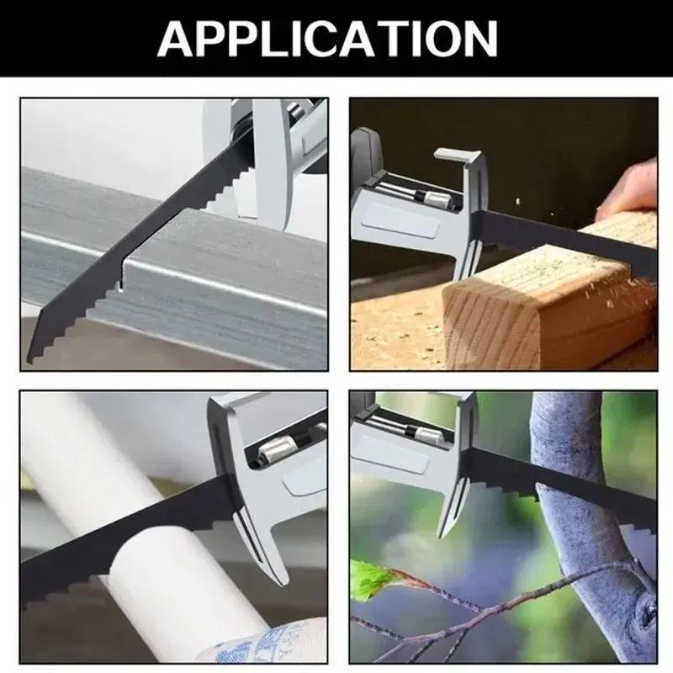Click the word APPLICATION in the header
tap(336, 38)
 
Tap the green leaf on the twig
tap(370, 580)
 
